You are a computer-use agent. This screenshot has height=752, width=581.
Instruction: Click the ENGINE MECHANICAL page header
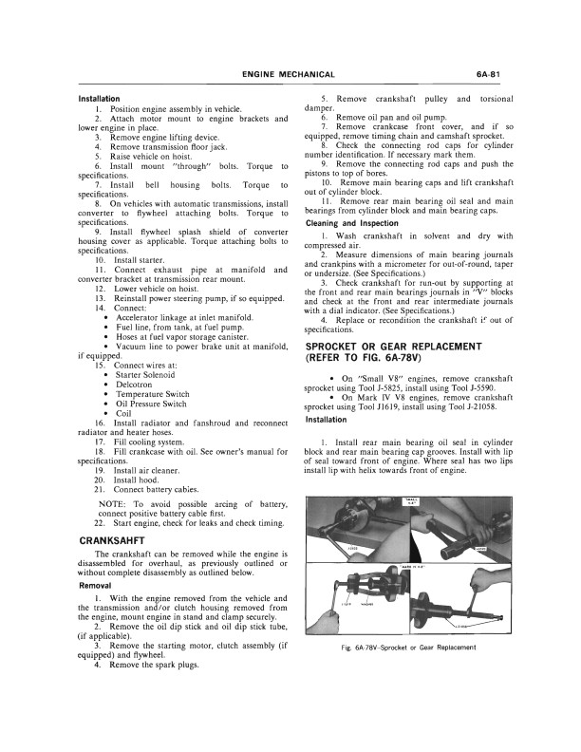(x=288, y=75)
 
